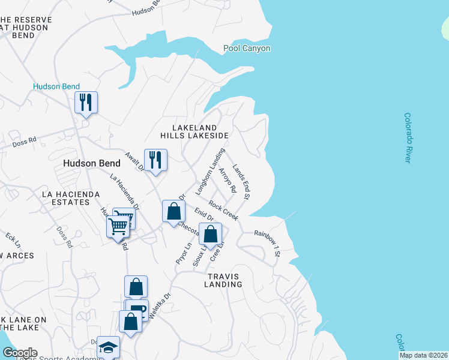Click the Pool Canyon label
(247, 48)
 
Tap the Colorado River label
(408, 137)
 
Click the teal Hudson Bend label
(55, 86)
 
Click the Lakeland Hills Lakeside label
(200, 132)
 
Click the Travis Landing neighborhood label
(223, 280)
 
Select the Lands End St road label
(241, 182)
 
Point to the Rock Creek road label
(223, 211)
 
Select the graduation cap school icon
(108, 347)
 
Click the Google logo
(19, 353)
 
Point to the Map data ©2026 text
(423, 355)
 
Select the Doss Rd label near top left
(25, 142)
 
